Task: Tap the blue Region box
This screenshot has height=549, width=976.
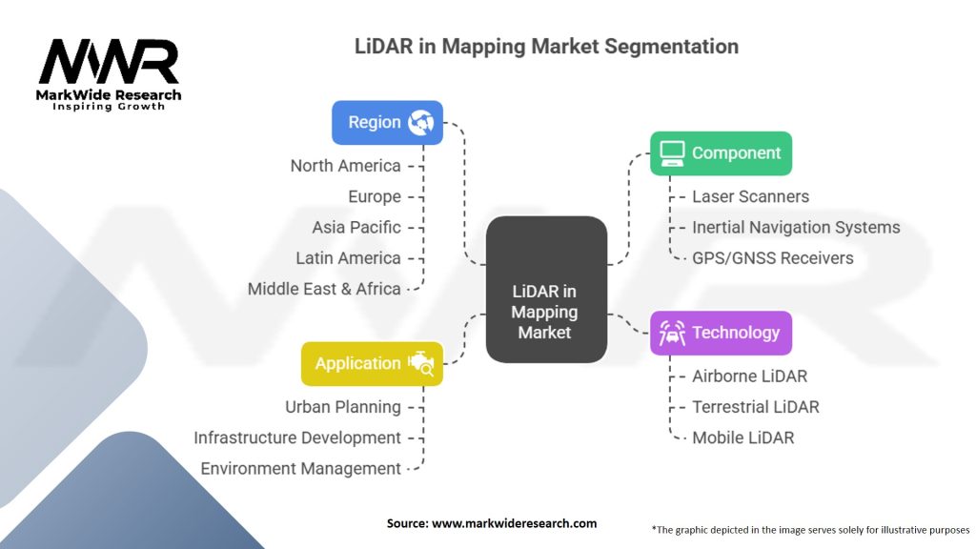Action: pos(387,122)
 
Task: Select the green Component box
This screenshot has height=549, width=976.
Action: pos(721,152)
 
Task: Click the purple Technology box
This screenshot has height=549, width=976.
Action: pos(721,333)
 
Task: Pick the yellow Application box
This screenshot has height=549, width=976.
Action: pos(372,363)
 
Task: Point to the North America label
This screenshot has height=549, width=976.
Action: pos(345,166)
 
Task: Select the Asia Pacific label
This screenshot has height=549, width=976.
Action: pos(356,228)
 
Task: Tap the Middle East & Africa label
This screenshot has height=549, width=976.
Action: pos(324,289)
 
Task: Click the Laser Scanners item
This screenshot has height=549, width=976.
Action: pos(750,196)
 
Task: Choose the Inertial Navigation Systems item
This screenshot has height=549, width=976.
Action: pos(796,228)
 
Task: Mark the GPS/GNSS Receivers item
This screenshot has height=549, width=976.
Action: pos(772,258)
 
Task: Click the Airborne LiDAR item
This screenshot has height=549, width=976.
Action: pos(749,376)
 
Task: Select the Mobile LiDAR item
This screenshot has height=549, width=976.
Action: pos(742,437)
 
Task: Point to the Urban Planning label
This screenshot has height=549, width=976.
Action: pos(343,407)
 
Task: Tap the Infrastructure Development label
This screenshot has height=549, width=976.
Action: pos(297,437)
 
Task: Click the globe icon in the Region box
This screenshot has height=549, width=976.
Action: pos(420,122)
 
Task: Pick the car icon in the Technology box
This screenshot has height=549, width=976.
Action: pos(672,333)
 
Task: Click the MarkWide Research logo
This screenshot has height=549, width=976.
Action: pos(109,74)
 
